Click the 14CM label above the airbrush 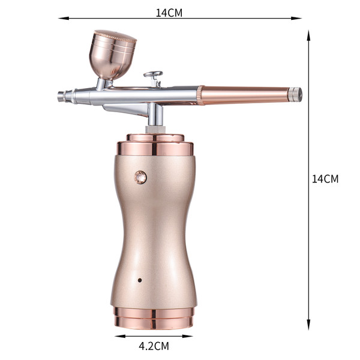(169, 13)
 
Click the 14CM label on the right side (325, 179)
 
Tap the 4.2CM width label (154, 346)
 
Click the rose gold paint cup (113, 55)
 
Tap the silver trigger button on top (153, 74)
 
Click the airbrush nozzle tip (61, 96)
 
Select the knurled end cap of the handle (295, 94)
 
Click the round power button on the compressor (140, 177)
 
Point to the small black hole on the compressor (140, 280)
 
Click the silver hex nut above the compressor (155, 129)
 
